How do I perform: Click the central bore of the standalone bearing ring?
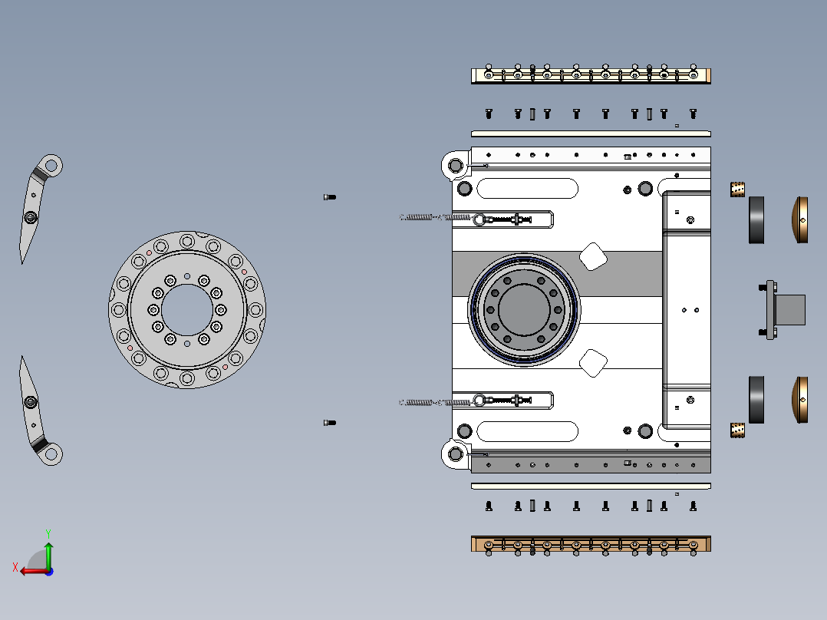click(x=187, y=309)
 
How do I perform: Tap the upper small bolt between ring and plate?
click(x=329, y=197)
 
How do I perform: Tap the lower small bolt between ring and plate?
click(x=329, y=423)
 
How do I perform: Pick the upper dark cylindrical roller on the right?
click(x=756, y=220)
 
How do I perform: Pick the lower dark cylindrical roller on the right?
click(x=756, y=400)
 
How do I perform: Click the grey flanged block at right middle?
click(x=786, y=310)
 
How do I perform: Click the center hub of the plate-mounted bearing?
click(x=523, y=309)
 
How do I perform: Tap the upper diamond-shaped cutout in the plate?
click(x=593, y=256)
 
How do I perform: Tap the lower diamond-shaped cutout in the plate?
click(x=593, y=363)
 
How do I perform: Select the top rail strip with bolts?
click(x=591, y=75)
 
